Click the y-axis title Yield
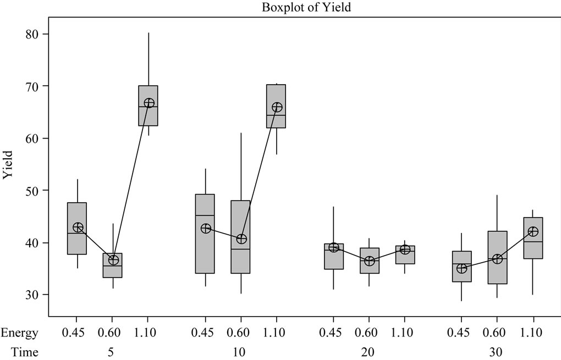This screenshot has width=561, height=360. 8,165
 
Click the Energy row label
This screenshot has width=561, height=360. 19,333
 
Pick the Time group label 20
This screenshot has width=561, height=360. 369,352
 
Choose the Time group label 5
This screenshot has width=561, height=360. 113,352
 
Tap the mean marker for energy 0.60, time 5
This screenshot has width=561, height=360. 113,260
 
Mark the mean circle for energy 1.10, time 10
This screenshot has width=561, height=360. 277,107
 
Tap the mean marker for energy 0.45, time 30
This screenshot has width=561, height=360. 461,268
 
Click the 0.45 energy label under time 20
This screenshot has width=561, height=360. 333,333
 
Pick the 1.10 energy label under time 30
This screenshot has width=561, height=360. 532,333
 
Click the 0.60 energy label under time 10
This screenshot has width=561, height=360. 240,333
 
